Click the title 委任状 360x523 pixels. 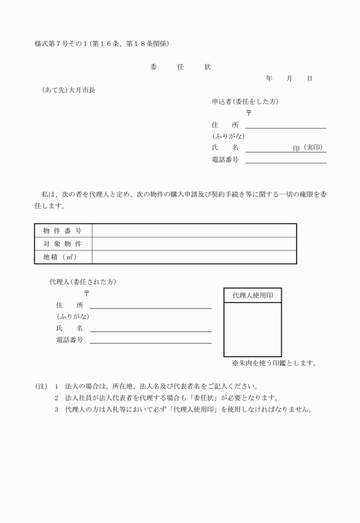pyautogui.click(x=180, y=67)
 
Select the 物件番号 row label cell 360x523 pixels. pyautogui.click(x=62, y=230)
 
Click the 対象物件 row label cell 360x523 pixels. pyautogui.click(x=62, y=244)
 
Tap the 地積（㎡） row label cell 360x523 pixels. pyautogui.click(x=62, y=257)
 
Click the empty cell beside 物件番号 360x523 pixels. pyautogui.click(x=194, y=230)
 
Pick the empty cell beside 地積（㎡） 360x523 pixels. pyautogui.click(x=194, y=257)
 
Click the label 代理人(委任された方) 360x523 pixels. pyautogui.click(x=83, y=282)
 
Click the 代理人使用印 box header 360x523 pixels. pyautogui.click(x=252, y=296)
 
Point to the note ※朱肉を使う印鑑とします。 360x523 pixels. pyautogui.click(x=274, y=363)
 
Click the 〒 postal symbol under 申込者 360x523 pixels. pyautogui.click(x=249, y=113)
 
